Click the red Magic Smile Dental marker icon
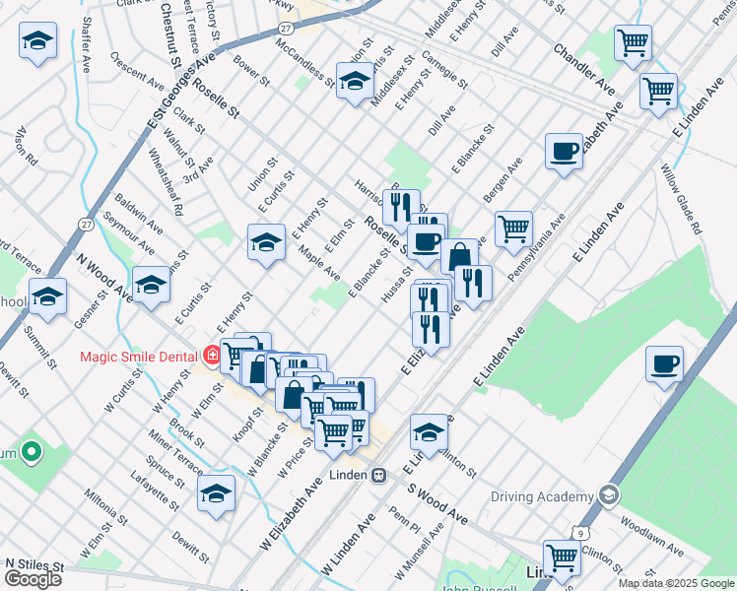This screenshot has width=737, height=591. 212,355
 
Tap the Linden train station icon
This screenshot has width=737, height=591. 377,475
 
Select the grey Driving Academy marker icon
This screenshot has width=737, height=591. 610,493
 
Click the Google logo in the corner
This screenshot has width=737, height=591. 33,578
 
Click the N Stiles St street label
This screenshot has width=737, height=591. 35,566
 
